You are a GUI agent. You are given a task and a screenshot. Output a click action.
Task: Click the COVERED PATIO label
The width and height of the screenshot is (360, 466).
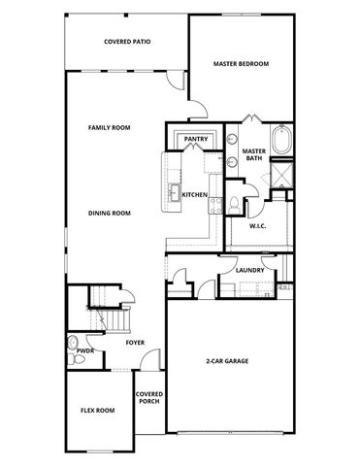click(127, 42)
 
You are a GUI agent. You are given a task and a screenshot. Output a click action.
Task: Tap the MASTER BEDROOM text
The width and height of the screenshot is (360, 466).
click(241, 64)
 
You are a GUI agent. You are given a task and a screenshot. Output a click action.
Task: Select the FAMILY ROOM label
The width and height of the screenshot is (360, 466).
click(109, 127)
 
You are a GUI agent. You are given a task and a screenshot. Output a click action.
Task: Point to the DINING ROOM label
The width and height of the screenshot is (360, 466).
click(109, 214)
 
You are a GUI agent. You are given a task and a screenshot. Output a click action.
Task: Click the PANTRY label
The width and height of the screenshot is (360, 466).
click(196, 140)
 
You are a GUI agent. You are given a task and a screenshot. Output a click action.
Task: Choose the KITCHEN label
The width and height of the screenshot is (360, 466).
click(195, 195)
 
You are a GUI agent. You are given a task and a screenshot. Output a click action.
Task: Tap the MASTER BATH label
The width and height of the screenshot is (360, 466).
click(254, 155)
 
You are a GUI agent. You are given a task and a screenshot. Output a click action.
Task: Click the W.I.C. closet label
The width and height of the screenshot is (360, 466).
click(258, 226)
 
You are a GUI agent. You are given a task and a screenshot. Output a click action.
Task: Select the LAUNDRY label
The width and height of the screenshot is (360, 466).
click(250, 270)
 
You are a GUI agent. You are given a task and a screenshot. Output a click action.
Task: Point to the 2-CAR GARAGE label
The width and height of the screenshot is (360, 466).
click(227, 361)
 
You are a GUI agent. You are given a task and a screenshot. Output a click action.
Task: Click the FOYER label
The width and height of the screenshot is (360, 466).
click(135, 343)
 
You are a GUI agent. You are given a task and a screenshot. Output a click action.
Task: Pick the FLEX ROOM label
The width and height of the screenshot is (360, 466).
click(97, 411)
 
